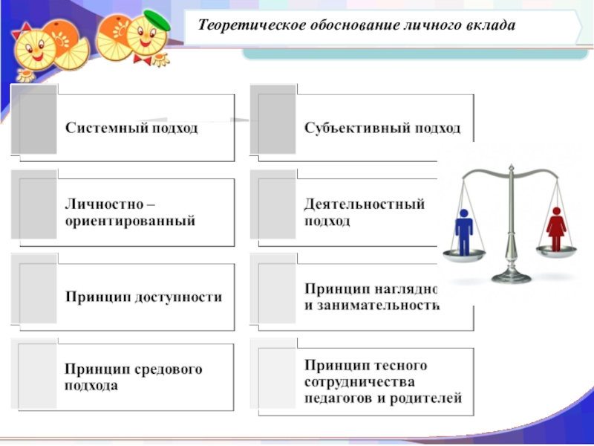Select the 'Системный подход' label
pos(131,128)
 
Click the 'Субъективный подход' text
pos(382,128)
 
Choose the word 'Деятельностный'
pos(365,204)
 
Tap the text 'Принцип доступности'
pos(143,296)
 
